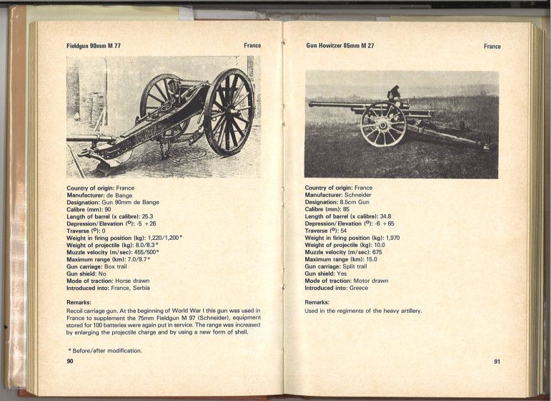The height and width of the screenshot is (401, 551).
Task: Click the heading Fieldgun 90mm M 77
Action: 94,46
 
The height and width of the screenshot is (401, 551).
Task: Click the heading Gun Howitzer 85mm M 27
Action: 340,46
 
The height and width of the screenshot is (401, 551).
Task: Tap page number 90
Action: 70,362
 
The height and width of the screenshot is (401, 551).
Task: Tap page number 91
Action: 497,362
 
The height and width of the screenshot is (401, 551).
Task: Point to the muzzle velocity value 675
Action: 377,252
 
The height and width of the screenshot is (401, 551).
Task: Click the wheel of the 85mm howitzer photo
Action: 382,124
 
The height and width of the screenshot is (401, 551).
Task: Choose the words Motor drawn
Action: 369,281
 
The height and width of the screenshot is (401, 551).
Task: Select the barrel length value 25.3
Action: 148,216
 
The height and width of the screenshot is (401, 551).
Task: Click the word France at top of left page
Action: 252,46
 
